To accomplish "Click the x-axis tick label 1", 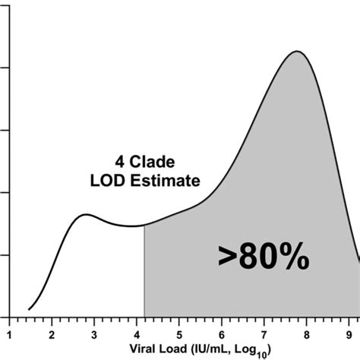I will click(x=9, y=332).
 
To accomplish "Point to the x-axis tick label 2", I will click(x=52, y=332).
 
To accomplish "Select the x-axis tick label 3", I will click(x=94, y=332).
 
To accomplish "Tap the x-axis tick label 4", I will click(x=137, y=332).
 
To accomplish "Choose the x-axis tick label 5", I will click(x=179, y=332).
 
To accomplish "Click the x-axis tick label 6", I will click(x=222, y=332).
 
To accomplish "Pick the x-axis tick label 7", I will click(x=264, y=332).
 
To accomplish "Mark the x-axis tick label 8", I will click(x=307, y=332).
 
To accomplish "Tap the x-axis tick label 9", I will click(x=349, y=332).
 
